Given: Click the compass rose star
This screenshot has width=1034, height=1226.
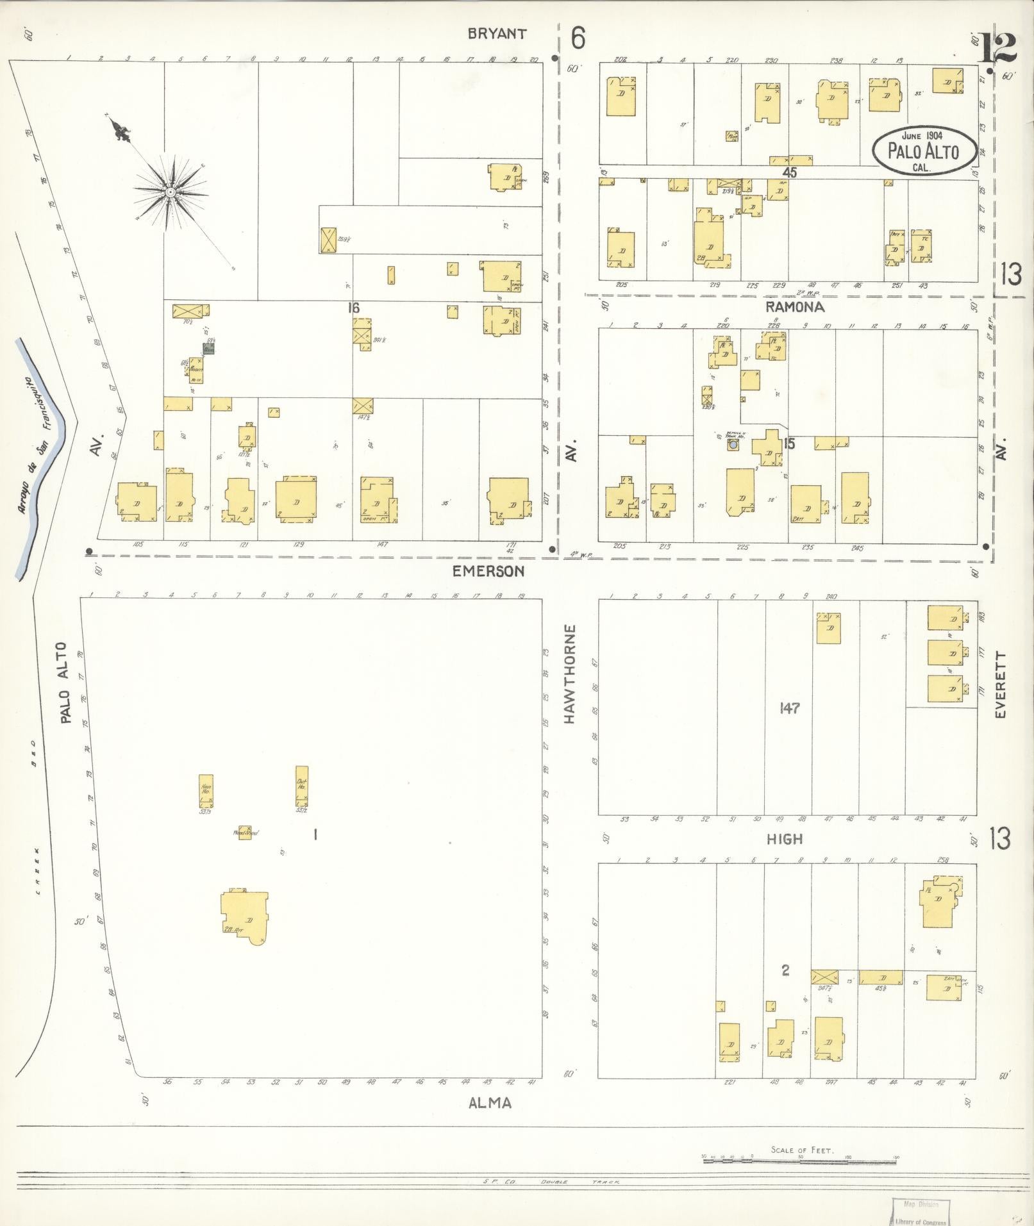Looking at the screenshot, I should pos(170,192).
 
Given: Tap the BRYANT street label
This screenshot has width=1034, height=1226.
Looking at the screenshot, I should pos(497,34).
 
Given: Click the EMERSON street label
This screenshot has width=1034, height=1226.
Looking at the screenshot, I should pos(488,570).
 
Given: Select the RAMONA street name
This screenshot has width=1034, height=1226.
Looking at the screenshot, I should pos(795,307).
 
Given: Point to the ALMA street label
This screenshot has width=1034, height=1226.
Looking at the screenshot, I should pos(490,1102).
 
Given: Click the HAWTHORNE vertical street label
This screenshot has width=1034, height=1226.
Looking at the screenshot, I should pos(570,674).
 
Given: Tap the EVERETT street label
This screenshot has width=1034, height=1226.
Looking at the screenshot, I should pos(1002,684).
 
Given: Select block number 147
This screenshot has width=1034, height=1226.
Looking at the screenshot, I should pos(788,708).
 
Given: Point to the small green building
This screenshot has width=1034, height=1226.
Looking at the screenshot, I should pos(208,349).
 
